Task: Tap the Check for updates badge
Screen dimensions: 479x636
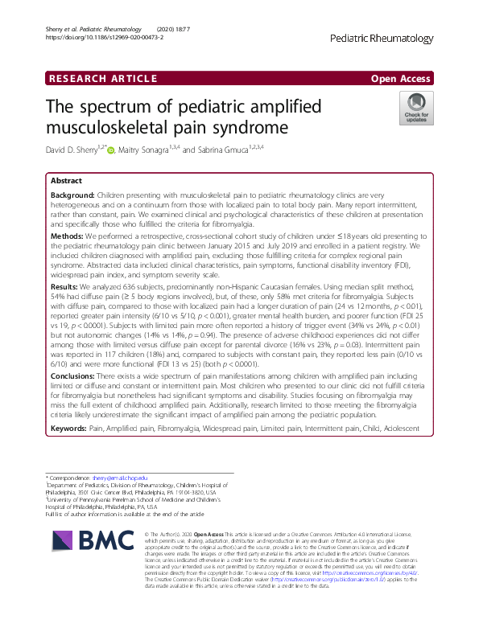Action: coord(416,109)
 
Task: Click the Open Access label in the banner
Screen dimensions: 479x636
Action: coord(402,78)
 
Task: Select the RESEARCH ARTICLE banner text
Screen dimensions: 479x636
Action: coord(102,78)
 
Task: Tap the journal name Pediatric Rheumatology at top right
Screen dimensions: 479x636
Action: coord(382,39)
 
